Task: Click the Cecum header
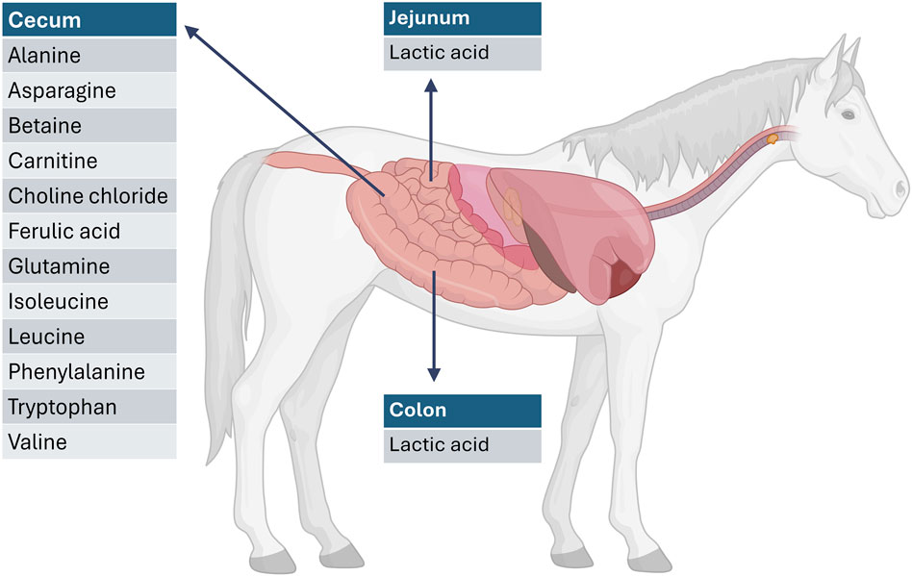click(89, 20)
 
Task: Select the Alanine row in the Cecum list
click(89, 56)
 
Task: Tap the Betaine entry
click(89, 126)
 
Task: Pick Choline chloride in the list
click(89, 196)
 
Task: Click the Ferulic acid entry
click(89, 232)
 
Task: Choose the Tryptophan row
click(89, 407)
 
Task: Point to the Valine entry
click(89, 442)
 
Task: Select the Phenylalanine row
click(89, 372)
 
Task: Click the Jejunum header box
click(462, 18)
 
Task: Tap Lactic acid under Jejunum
click(462, 53)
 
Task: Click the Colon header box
click(462, 411)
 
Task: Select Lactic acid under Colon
click(462, 445)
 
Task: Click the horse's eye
click(848, 114)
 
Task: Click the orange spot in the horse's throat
click(772, 139)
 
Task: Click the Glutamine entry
click(89, 266)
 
